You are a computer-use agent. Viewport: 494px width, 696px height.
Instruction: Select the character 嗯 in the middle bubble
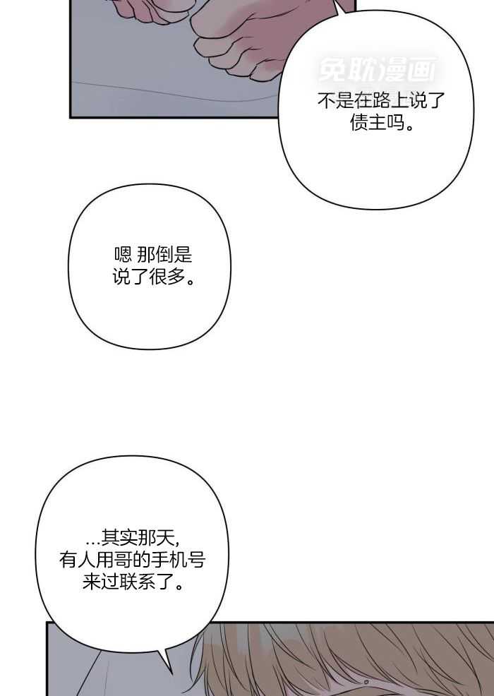point(123,256)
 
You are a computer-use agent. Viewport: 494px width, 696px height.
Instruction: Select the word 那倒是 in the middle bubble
point(164,256)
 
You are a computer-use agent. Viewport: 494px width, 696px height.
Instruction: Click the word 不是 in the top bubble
point(335,101)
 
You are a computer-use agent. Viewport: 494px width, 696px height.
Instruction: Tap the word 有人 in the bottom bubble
point(77,560)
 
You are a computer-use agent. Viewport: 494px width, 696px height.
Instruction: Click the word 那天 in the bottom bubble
point(156,538)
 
